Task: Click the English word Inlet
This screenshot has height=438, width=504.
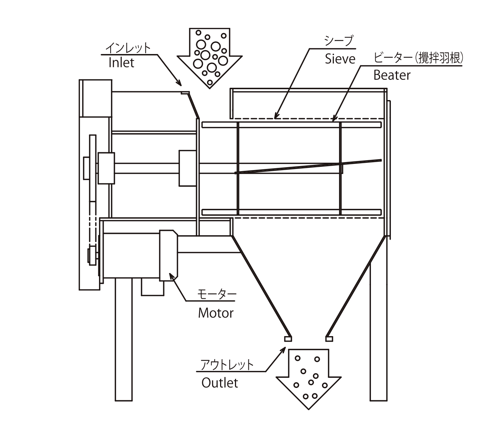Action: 121,63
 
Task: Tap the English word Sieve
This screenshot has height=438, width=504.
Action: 340,59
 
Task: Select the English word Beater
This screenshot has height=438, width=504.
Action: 392,75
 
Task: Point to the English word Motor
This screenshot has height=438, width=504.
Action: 216,313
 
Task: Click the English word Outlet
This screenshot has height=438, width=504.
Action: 220,383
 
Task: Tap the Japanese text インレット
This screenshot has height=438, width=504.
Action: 128,47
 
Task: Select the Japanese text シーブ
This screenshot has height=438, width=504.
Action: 339,41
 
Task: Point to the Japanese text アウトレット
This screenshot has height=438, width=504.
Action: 227,365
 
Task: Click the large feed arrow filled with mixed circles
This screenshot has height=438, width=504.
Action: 210,58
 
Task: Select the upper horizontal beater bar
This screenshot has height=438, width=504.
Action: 292,125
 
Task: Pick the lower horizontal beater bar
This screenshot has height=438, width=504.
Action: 292,212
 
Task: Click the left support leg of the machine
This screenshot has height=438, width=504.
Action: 124,339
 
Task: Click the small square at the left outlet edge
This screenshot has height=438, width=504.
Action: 288,339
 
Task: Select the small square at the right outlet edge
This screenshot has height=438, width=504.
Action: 329,339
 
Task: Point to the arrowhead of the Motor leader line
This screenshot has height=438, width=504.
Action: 172,276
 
